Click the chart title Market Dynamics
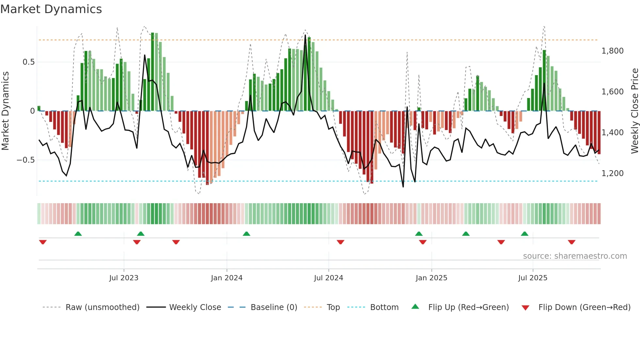pos(51,9)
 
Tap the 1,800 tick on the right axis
pos(612,51)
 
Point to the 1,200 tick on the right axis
pos(612,173)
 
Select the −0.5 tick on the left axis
pos(25,160)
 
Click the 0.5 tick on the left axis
pos(28,62)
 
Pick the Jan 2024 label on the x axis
pos(227,278)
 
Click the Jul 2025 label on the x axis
pos(533,278)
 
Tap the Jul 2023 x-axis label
pos(124,278)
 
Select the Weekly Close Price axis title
pos(634,111)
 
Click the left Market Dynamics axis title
pos(5,111)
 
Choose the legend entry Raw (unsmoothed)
pos(102,307)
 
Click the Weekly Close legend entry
pos(195,307)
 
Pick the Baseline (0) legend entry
pos(274,307)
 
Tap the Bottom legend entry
pos(384,307)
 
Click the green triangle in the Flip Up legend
pos(415,306)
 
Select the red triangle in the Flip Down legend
pos(525,308)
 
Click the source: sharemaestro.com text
pos(575,256)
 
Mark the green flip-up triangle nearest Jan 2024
pos(247,234)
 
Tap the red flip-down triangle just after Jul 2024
pos(341,242)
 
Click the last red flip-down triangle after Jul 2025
pos(571,242)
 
